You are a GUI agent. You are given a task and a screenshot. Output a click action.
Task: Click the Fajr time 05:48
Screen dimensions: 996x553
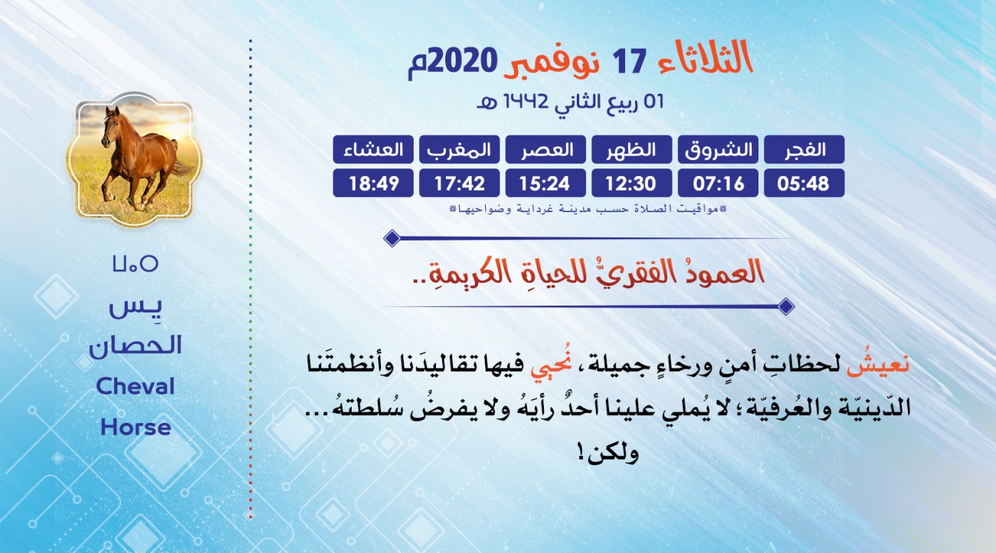804,183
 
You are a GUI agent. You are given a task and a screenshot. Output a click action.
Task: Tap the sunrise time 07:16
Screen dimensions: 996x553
718,183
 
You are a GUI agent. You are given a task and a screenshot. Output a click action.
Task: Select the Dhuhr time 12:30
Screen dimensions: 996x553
631,183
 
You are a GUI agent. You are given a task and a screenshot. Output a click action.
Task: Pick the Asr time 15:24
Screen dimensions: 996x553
545,183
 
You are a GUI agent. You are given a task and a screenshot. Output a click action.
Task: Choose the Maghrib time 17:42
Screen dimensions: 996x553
460,183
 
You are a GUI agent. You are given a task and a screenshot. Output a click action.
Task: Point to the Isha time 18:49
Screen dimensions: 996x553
374,183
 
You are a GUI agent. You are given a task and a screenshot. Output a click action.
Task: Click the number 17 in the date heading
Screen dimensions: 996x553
629,61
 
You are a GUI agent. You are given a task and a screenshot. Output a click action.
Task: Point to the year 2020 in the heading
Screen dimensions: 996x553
463,61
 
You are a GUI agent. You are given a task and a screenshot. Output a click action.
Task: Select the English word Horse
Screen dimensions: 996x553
136,427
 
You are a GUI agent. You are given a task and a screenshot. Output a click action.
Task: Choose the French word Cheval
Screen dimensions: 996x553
135,386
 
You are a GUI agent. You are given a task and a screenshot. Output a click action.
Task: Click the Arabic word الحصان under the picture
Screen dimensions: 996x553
135,345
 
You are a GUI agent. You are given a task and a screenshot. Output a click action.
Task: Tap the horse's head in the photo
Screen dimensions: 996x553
110,126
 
